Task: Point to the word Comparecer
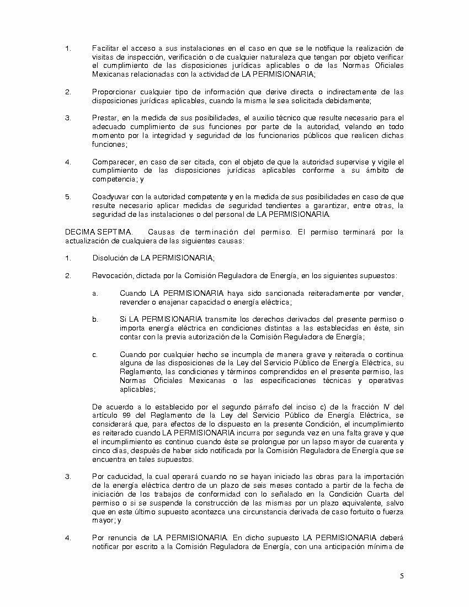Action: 113,162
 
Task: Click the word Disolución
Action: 109,258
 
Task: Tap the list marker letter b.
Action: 95,319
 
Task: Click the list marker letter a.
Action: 95,293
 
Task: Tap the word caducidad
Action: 122,476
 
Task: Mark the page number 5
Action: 402,577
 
